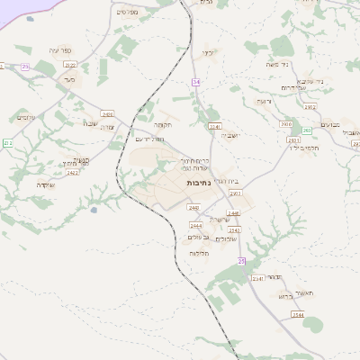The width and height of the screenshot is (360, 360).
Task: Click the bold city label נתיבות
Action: click(x=198, y=182)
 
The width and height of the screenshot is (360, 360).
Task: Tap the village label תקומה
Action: click(x=162, y=124)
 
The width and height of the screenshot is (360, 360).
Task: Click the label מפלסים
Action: click(x=127, y=13)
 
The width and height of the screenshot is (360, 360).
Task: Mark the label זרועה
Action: click(x=263, y=102)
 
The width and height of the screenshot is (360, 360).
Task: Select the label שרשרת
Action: click(x=220, y=219)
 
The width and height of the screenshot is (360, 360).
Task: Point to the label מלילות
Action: click(x=200, y=254)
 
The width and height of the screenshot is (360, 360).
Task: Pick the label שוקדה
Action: click(x=46, y=183)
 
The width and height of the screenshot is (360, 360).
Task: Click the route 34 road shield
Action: click(x=195, y=82)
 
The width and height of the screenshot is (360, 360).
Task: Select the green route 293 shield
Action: click(x=306, y=131)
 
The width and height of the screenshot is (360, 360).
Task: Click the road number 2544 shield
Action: click(x=298, y=315)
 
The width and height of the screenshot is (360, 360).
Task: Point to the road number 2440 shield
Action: click(x=193, y=207)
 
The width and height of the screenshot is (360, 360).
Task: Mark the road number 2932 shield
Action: click(x=309, y=106)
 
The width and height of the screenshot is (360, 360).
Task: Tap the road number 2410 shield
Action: click(x=108, y=114)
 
